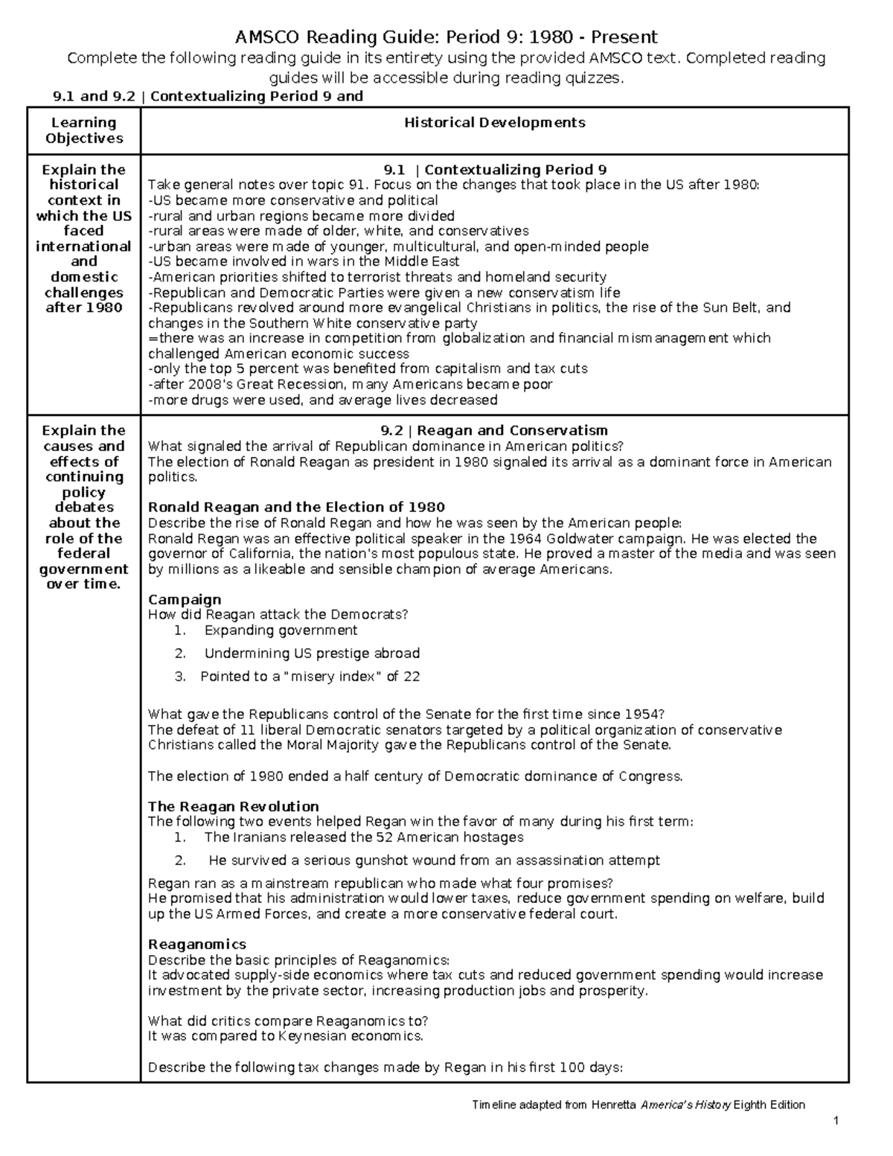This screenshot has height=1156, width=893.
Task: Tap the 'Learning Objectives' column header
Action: (84, 130)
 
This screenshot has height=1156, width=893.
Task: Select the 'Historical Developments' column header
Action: (495, 123)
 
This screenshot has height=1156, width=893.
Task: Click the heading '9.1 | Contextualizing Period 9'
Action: (494, 169)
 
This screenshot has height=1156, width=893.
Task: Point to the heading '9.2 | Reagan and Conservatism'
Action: (494, 430)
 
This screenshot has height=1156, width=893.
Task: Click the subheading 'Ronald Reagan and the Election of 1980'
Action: (296, 508)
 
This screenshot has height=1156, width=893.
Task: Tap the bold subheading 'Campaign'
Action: (185, 599)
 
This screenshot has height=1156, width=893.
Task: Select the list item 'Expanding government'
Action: (281, 630)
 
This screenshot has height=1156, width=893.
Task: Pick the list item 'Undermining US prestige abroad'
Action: (312, 654)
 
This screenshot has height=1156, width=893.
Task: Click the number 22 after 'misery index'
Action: (412, 677)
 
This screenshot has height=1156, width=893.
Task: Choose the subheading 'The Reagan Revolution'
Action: (233, 806)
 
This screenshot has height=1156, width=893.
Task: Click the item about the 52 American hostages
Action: (364, 837)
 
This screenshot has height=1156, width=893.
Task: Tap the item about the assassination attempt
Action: (434, 860)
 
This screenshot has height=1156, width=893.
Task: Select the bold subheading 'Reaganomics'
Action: (197, 945)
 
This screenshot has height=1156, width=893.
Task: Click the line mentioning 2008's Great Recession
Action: (350, 385)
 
